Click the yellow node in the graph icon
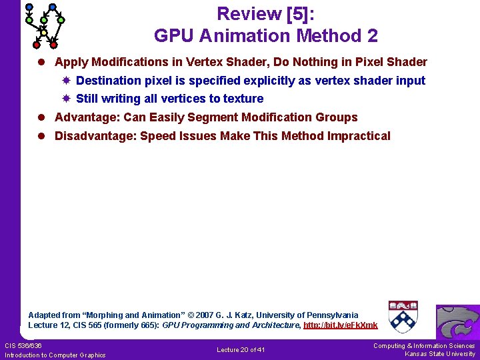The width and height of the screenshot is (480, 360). click(x=43, y=33)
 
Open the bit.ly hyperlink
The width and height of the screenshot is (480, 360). click(x=340, y=325)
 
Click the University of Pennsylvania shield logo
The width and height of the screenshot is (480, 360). click(x=403, y=316)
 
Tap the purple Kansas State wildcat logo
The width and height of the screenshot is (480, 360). click(x=457, y=322)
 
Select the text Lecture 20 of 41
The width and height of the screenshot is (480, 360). click(x=241, y=350)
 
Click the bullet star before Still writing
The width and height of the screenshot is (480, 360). click(x=66, y=99)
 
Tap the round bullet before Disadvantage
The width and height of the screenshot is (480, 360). click(x=41, y=136)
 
